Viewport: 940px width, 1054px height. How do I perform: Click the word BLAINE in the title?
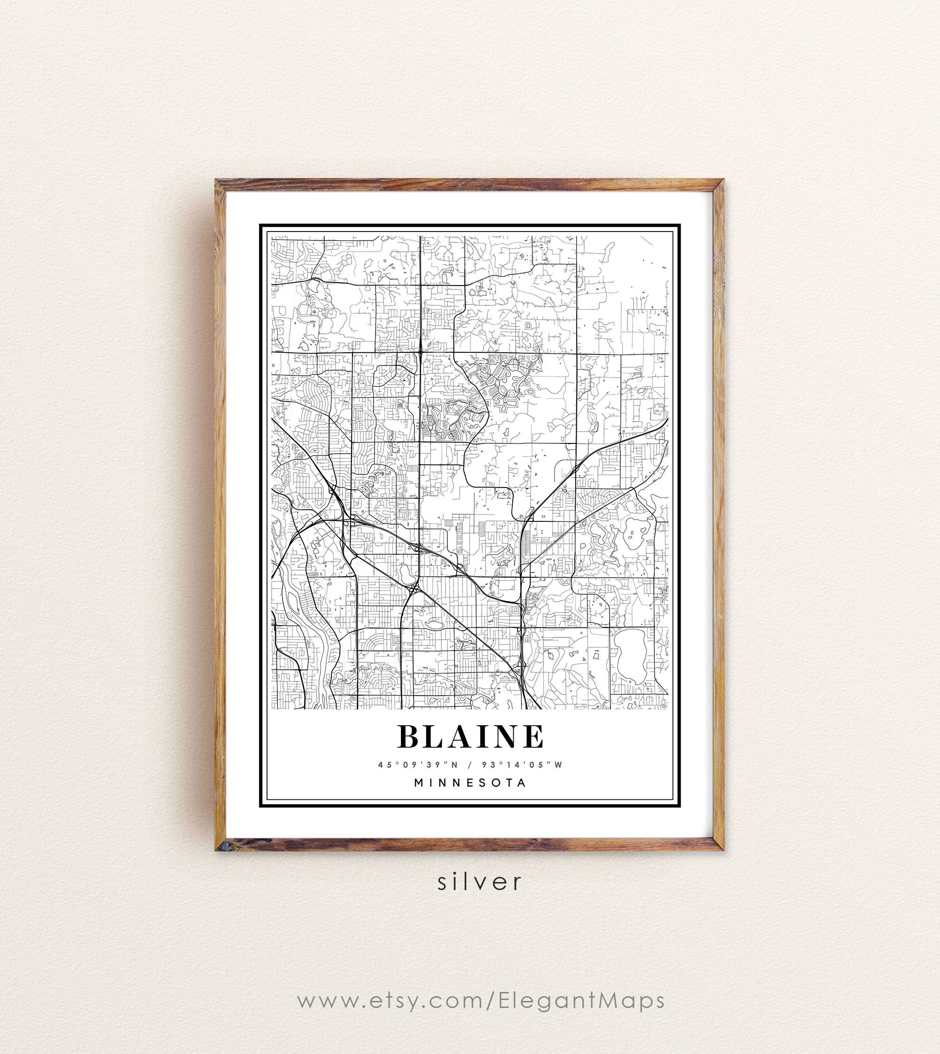coord(470,736)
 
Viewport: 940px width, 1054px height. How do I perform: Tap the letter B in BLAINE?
coord(408,736)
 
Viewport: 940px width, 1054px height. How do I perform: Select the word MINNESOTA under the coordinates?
coord(470,783)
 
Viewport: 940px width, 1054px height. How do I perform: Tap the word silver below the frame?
coord(480,882)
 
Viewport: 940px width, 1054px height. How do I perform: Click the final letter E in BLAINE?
coord(533,736)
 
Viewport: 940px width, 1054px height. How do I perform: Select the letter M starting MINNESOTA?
coord(419,783)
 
